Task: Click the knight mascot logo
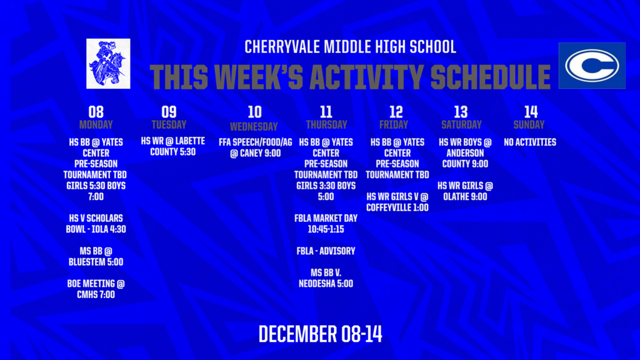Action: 108,63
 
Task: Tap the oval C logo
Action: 591,66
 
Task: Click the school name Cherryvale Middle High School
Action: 350,47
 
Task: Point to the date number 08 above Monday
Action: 96,112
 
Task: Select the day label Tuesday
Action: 169,124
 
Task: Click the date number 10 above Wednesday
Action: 254,112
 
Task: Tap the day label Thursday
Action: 326,124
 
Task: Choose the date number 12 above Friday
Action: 396,112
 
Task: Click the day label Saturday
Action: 461,124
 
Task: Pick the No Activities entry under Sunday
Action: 530,142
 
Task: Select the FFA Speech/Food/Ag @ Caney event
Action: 255,147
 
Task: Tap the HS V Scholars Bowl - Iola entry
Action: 96,223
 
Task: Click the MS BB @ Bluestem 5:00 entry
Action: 96,256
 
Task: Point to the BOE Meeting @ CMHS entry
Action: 96,289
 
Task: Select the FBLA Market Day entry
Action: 326,223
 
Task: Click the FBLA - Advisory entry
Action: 326,251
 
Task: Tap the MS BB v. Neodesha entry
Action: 326,278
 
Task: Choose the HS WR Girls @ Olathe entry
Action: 465,191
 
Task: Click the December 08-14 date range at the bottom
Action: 320,334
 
